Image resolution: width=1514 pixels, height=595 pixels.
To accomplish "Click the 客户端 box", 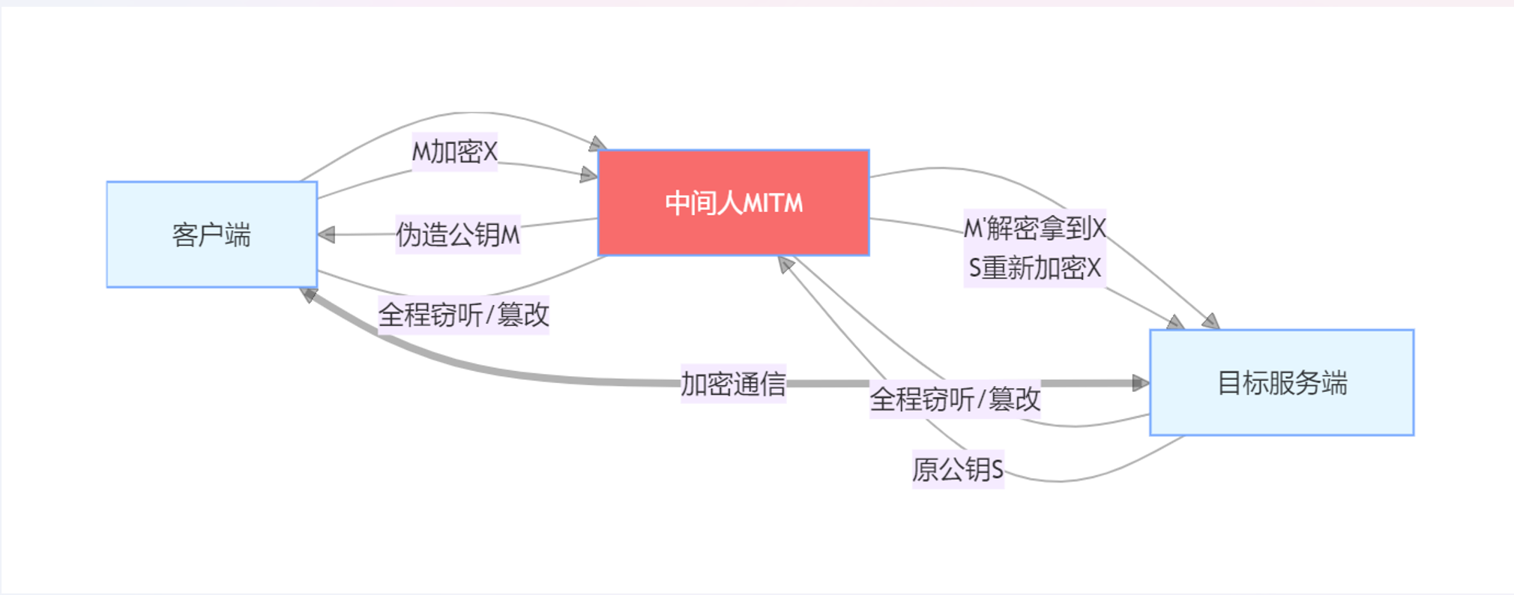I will (x=211, y=235).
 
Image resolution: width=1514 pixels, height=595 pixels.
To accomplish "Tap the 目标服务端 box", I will (x=1282, y=383).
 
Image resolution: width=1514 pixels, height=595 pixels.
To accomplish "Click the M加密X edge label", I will (x=454, y=152).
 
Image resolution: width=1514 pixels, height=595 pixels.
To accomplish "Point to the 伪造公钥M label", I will (x=457, y=235).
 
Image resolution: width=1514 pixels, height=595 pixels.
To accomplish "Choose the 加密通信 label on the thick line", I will (x=732, y=384).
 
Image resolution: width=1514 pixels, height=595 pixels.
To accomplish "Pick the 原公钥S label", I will (x=957, y=470).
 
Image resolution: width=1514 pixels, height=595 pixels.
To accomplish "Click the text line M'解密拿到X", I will (x=1034, y=228).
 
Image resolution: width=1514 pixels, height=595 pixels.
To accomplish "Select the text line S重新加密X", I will (x=1034, y=268).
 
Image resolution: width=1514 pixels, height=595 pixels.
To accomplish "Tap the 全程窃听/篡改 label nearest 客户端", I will (x=463, y=315).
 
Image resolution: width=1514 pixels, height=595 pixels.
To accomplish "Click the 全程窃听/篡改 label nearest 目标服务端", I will (x=954, y=399).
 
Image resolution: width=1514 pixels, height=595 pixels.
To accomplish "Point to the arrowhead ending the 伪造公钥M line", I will (x=326, y=235).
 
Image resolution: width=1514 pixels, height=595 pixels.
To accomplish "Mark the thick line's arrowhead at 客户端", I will (x=308, y=295).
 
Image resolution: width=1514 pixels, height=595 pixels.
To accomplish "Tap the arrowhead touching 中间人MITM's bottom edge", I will (x=785, y=264).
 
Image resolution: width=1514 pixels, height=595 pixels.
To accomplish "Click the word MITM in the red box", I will (x=772, y=203).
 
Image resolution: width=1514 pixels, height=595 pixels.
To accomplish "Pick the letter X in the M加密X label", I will (x=490, y=152).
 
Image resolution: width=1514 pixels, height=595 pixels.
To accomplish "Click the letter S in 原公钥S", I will (x=997, y=470).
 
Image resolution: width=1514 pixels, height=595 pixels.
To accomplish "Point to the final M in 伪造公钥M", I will (x=510, y=235).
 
